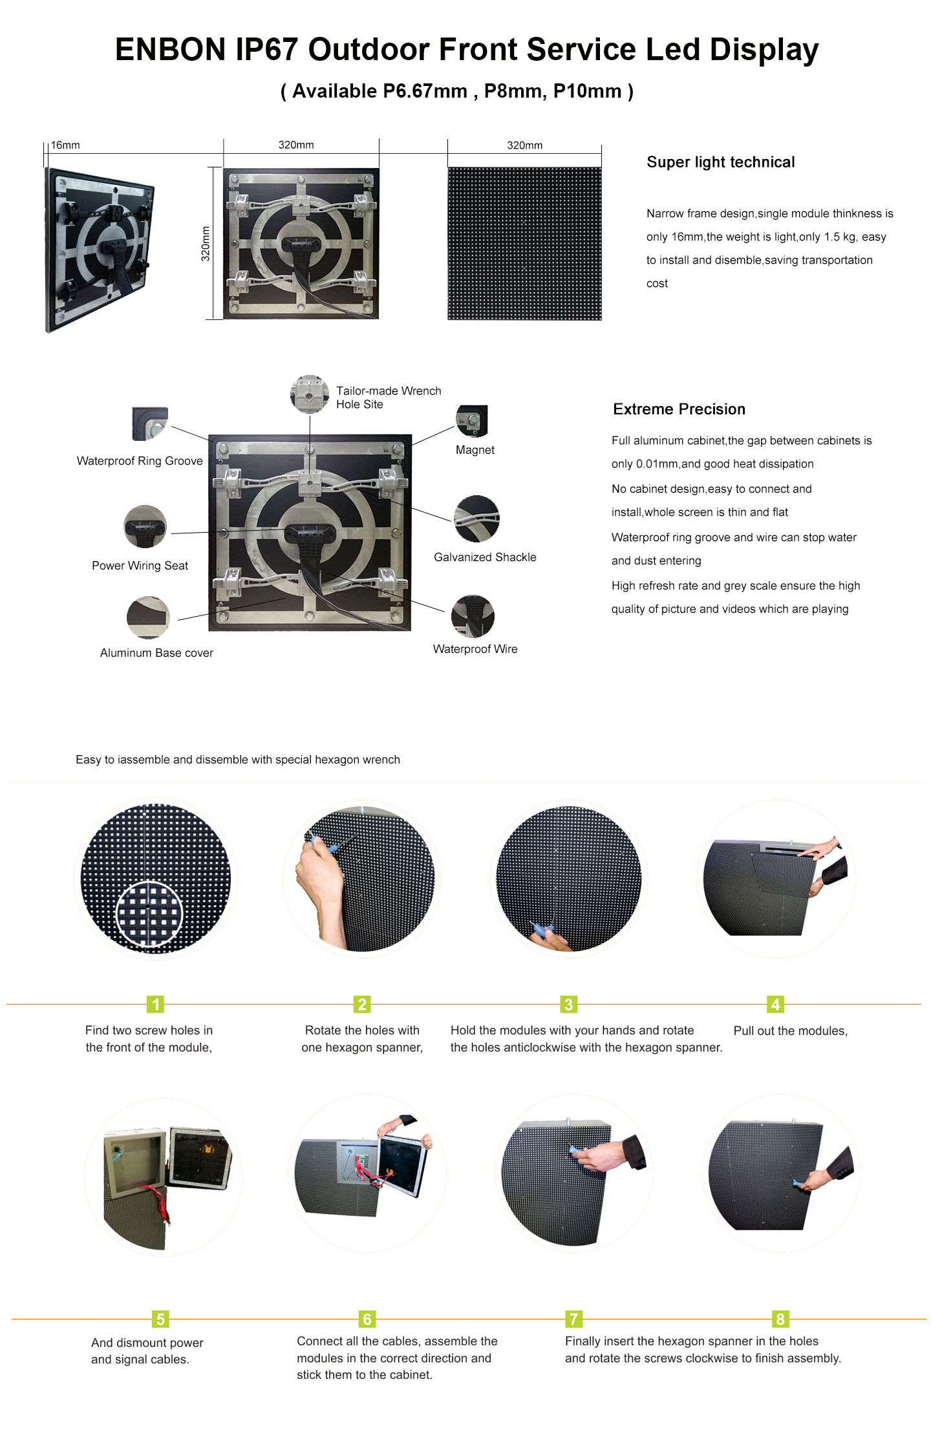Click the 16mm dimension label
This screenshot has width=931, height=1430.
pyautogui.click(x=65, y=145)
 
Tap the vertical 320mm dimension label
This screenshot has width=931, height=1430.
pyautogui.click(x=206, y=244)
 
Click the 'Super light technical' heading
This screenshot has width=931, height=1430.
pyautogui.click(x=720, y=162)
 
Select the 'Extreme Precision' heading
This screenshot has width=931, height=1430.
pyautogui.click(x=679, y=409)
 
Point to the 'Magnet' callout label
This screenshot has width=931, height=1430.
pyautogui.click(x=475, y=450)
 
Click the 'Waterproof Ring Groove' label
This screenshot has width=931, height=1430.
pyautogui.click(x=140, y=461)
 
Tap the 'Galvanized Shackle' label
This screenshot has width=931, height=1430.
pyautogui.click(x=485, y=557)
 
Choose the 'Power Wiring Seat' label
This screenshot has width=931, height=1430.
pyautogui.click(x=140, y=566)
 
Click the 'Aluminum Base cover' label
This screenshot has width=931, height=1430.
pyautogui.click(x=156, y=653)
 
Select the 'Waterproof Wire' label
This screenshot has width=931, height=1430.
pyautogui.click(x=475, y=649)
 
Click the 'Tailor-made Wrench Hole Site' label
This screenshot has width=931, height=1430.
pyautogui.click(x=389, y=398)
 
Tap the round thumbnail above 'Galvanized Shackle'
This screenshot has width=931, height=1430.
pyautogui.click(x=476, y=518)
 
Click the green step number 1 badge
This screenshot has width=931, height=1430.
pyautogui.click(x=155, y=1004)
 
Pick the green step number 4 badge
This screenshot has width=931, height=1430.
pyautogui.click(x=775, y=1004)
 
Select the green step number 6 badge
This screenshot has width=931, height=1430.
pyautogui.click(x=367, y=1319)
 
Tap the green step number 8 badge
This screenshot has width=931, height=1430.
pyautogui.click(x=780, y=1319)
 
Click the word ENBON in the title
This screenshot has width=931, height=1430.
pyautogui.click(x=170, y=50)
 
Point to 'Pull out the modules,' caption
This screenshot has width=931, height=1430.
pyautogui.click(x=790, y=1031)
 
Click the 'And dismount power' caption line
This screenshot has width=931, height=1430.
pyautogui.click(x=147, y=1343)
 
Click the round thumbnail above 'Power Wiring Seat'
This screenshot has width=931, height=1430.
pyautogui.click(x=145, y=527)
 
